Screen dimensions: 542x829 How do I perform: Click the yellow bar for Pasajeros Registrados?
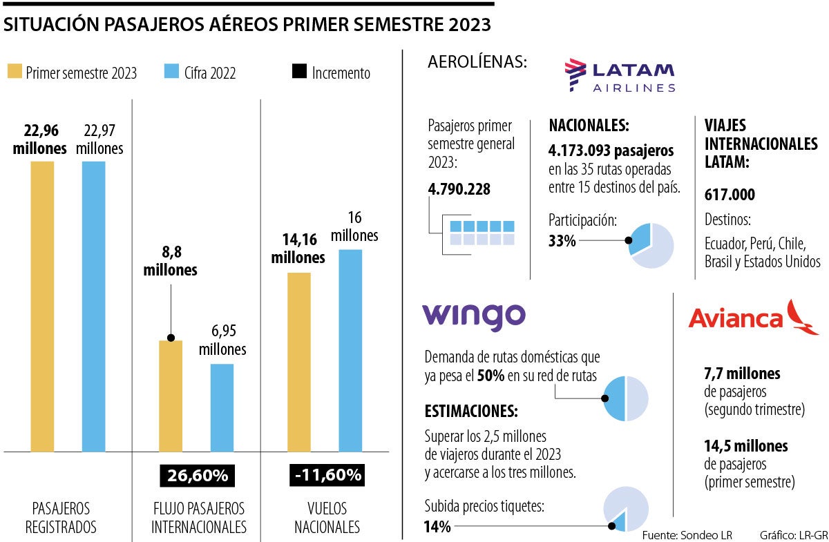(41, 307)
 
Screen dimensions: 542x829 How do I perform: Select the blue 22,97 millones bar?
(93, 307)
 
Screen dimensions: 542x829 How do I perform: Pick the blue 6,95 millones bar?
(222, 407)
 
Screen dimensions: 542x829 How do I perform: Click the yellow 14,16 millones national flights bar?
(299, 362)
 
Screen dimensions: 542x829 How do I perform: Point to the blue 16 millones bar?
(350, 350)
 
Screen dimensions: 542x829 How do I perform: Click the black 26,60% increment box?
(197, 476)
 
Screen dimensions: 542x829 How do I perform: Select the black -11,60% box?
(325, 476)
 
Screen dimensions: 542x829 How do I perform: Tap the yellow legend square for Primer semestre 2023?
(15, 72)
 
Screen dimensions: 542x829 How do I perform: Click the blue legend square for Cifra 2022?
(172, 72)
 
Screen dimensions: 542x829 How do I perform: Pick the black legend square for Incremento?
(299, 72)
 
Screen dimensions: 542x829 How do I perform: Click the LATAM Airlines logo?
(620, 76)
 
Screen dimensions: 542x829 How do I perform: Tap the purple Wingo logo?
(473, 317)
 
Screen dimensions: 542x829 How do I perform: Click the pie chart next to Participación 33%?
(651, 246)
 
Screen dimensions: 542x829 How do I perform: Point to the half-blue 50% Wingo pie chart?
(625, 398)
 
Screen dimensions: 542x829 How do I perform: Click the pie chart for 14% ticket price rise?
(626, 510)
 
